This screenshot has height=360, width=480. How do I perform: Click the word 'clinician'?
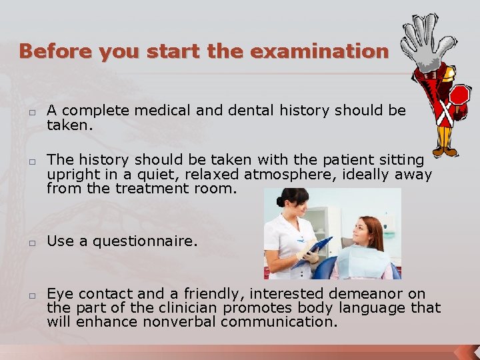(x=188, y=308)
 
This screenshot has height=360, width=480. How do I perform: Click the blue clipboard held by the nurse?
(x=315, y=251)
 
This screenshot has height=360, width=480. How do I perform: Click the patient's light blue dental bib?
(x=363, y=261)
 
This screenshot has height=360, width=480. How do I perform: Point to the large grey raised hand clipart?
(x=426, y=41)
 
